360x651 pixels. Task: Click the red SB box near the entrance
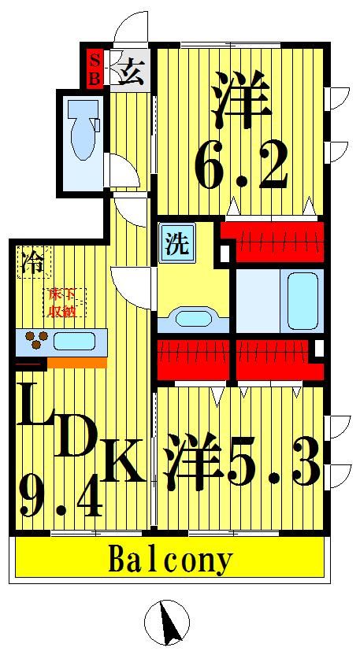pos(94,68)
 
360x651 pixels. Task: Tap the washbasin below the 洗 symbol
pos(192,319)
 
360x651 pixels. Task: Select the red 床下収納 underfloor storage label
pos(63,301)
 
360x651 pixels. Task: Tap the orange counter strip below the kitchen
pos(76,363)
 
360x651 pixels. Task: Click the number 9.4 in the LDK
pos(60,494)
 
